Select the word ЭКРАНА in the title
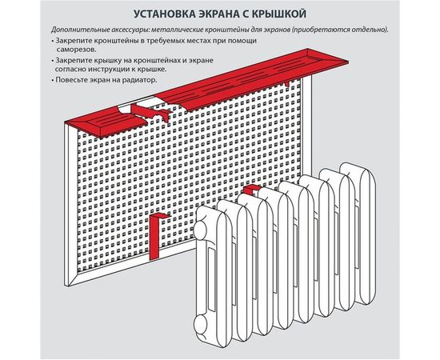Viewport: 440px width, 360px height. [x=216, y=14]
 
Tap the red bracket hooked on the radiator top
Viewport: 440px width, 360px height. [x=251, y=190]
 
